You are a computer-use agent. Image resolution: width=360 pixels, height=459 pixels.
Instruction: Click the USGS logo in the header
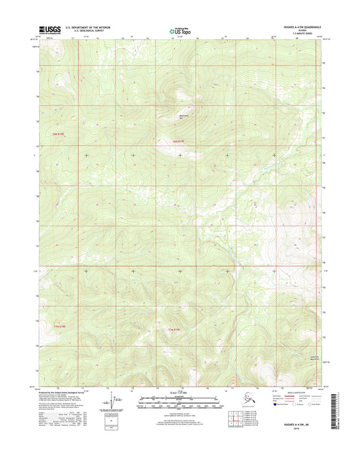[49, 30]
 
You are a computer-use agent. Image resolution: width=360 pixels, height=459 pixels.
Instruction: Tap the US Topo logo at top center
[180, 30]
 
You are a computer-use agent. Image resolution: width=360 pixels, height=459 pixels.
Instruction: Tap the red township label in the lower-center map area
[174, 329]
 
